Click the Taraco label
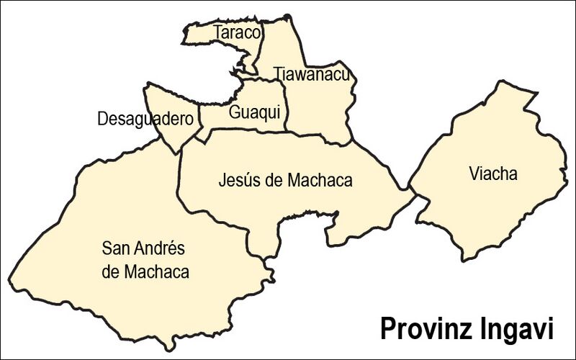237,32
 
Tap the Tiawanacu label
311,74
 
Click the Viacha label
492,174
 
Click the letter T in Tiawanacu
276,74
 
